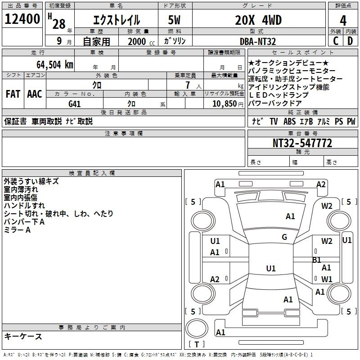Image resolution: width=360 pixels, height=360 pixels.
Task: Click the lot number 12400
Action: (22, 19)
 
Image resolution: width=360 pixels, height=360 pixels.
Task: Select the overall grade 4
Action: (343, 20)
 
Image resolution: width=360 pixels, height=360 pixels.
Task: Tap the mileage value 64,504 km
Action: (55, 65)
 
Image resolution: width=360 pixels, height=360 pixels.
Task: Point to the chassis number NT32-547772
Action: (302, 143)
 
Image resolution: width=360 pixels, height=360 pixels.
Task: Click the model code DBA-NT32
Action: (257, 41)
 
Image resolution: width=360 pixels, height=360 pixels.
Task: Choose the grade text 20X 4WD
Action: (258, 20)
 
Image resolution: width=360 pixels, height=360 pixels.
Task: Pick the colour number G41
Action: (75, 104)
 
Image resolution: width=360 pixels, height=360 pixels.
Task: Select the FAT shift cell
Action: (13, 94)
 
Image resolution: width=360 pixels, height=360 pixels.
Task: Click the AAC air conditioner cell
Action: (35, 94)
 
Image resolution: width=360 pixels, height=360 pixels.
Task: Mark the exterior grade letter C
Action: (336, 41)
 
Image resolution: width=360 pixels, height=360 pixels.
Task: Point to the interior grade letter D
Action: (350, 41)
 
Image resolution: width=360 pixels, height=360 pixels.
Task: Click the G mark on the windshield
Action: (284, 237)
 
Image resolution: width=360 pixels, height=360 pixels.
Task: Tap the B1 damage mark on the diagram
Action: (316, 260)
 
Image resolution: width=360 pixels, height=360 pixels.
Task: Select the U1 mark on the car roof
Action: (271, 268)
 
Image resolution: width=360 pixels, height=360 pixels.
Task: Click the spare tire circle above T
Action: (197, 328)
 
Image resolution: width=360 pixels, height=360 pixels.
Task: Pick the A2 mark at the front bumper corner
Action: (321, 184)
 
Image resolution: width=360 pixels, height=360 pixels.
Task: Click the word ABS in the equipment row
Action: (289, 121)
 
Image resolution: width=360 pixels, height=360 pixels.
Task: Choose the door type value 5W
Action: (174, 20)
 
